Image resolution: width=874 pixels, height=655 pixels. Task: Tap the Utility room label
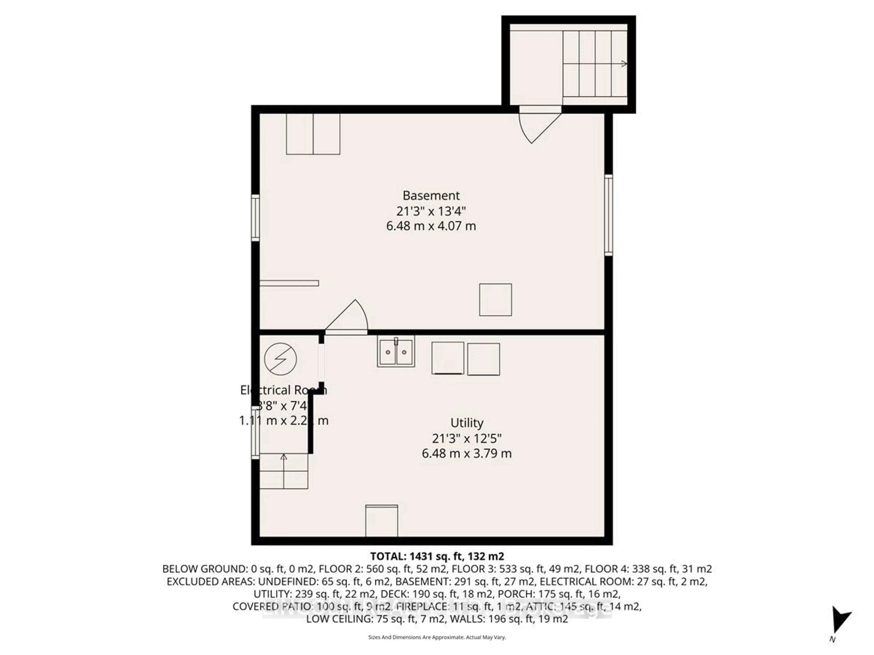point(467,423)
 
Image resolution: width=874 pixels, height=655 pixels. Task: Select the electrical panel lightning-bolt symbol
point(281,359)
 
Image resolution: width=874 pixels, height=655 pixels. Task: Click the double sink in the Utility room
point(396,351)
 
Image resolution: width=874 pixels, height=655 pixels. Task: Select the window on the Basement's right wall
point(608,215)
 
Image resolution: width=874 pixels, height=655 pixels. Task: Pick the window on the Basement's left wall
point(256,218)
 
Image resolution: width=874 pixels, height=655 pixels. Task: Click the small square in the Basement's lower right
point(495,300)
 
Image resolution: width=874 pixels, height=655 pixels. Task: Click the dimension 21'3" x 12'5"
point(467,438)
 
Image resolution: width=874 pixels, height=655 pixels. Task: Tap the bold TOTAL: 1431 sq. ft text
point(437,556)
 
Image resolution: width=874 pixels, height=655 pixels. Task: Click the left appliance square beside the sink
point(448,358)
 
